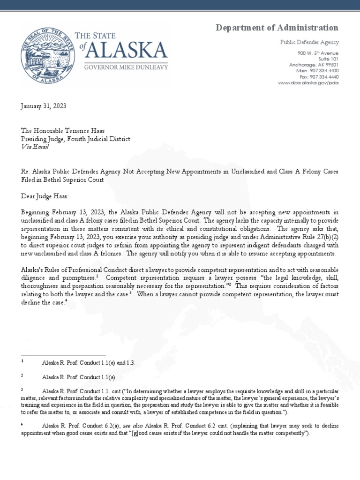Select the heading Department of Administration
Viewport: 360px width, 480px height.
click(277, 28)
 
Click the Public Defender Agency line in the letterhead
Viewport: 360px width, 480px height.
click(309, 42)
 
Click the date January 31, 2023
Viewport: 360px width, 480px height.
click(44, 106)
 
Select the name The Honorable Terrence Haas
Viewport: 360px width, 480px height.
click(62, 132)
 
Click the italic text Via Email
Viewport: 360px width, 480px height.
click(35, 147)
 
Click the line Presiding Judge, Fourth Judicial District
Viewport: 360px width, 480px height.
click(75, 139)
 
